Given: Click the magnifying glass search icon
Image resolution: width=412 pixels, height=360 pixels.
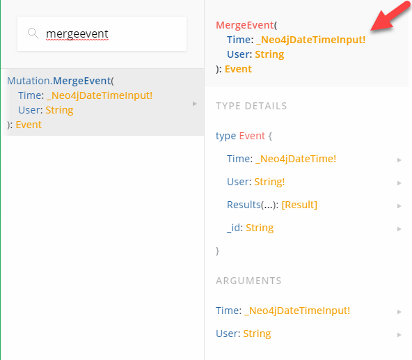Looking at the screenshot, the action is click(33, 33).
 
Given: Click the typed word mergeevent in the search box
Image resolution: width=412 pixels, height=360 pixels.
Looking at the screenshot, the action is click(77, 34).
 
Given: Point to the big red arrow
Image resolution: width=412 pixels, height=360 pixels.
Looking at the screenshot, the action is click(391, 16).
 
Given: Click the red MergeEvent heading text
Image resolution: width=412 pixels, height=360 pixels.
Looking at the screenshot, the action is click(245, 25).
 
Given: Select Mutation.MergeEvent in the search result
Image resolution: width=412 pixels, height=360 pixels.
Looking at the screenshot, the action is click(59, 81).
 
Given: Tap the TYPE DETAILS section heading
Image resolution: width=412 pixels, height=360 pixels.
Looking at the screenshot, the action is click(251, 106).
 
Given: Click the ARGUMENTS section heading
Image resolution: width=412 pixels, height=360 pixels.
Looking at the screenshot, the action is click(248, 281).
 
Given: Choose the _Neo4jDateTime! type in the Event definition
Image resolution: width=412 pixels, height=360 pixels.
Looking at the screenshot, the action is click(296, 159).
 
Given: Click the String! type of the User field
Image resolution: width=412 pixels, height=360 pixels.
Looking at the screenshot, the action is click(269, 182).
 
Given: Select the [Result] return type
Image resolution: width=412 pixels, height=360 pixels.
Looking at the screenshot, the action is click(299, 205).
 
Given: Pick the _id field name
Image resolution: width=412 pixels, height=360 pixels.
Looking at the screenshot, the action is click(233, 228).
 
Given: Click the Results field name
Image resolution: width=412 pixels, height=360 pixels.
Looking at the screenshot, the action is click(244, 205).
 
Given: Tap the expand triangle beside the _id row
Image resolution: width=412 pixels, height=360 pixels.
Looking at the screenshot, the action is click(399, 229).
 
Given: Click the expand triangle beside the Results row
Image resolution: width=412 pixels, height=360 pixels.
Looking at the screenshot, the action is click(399, 206).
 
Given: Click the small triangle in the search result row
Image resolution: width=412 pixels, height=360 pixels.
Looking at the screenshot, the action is click(194, 104).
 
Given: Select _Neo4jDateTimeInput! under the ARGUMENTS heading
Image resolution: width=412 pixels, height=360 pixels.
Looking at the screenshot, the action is click(297, 311).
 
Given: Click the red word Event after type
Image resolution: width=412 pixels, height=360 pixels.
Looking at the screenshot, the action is click(252, 136).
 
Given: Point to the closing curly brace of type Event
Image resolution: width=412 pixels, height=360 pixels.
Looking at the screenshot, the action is click(217, 251).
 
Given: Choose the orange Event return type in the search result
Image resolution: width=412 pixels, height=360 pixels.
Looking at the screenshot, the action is click(29, 125).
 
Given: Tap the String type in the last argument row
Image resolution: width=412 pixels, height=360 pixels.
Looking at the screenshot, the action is click(257, 334).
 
